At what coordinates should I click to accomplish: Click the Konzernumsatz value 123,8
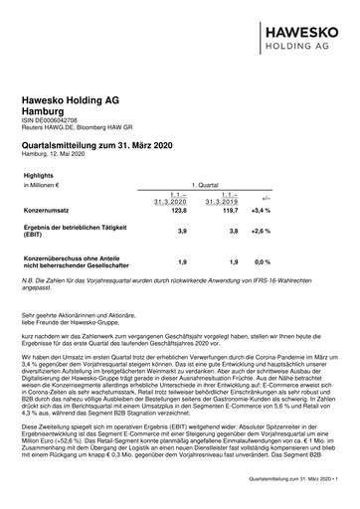point(178,212)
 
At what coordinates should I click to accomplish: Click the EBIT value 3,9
point(182,231)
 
